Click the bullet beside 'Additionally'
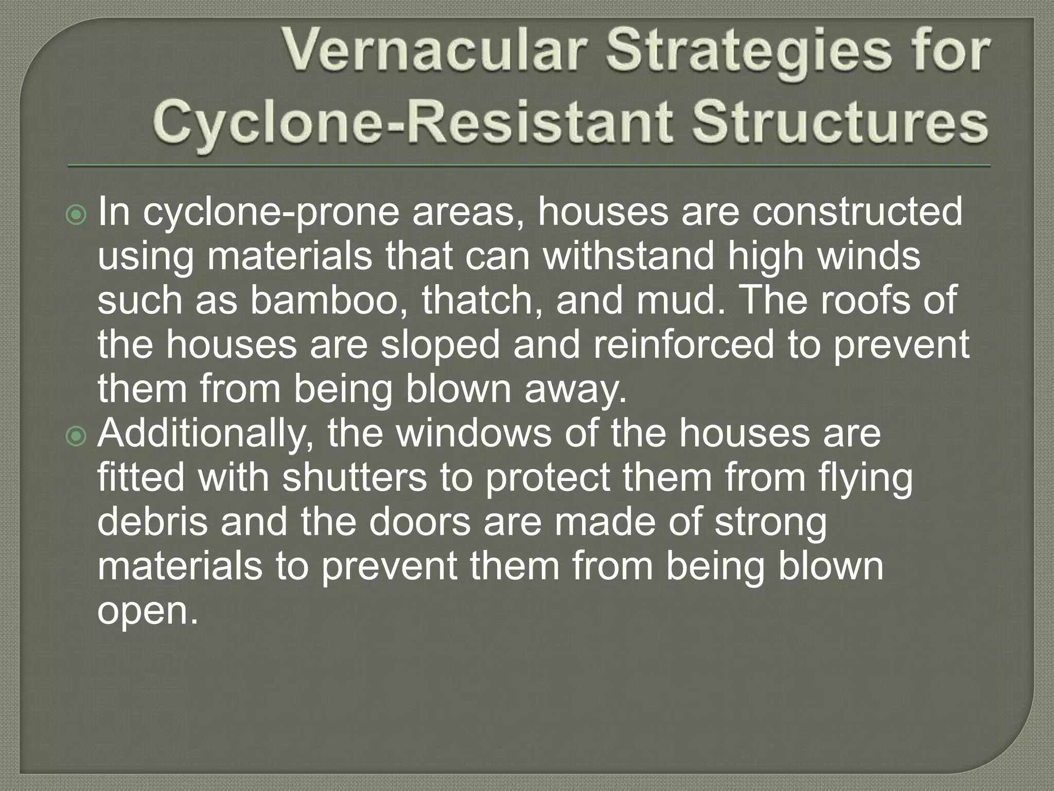(77, 437)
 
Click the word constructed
(857, 212)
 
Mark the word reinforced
(683, 344)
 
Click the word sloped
(440, 345)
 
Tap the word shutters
(355, 477)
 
